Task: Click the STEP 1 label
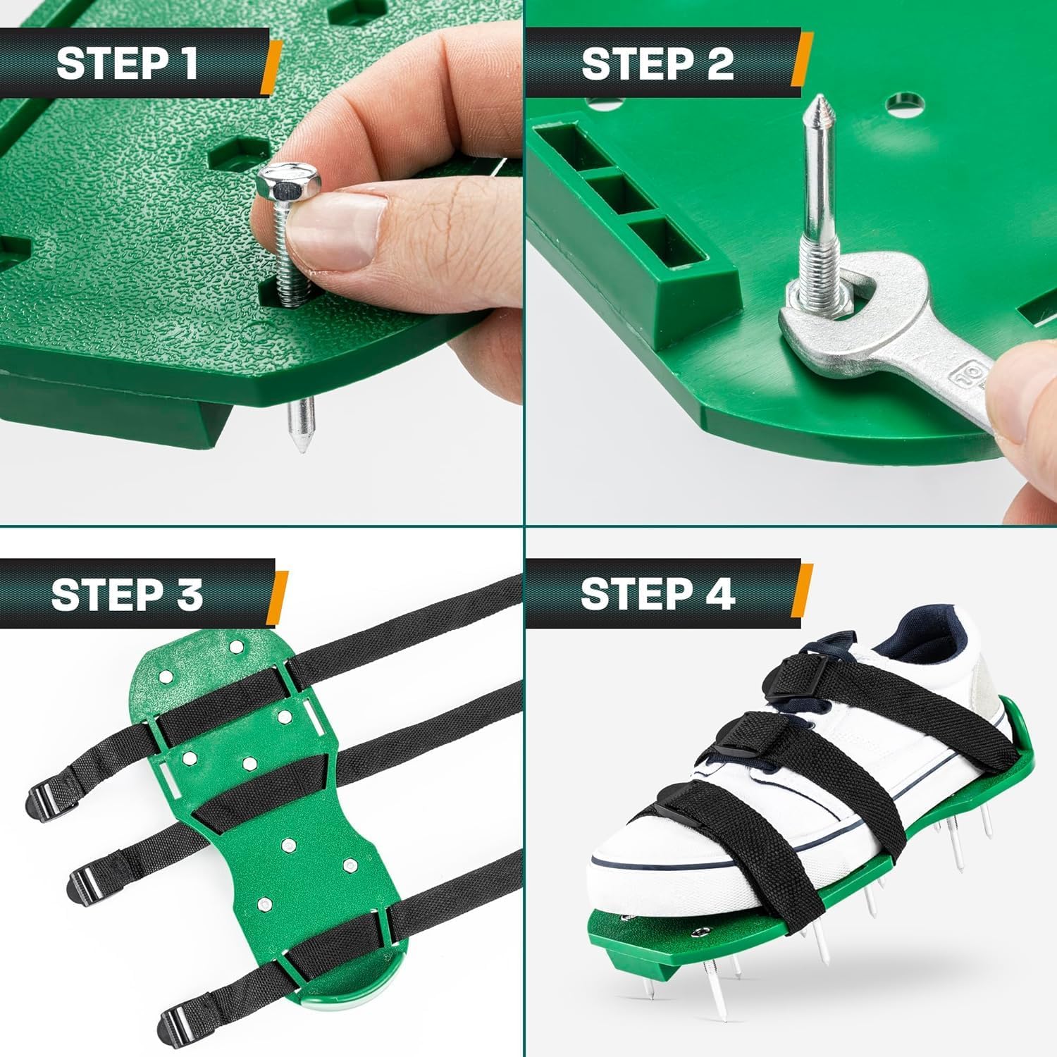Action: [x=127, y=63]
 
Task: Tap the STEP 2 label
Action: [x=657, y=63]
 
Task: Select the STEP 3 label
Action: [x=127, y=594]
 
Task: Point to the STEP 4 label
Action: [x=657, y=594]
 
